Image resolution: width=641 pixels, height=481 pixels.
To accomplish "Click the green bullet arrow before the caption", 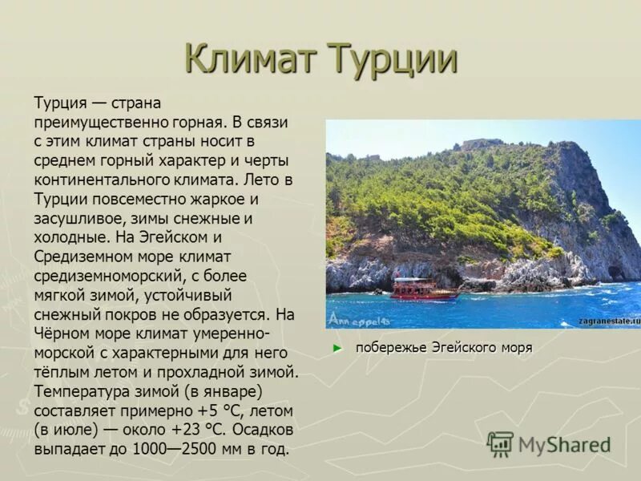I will [x=337, y=348].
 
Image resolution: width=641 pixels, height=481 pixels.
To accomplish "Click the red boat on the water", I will [x=423, y=289].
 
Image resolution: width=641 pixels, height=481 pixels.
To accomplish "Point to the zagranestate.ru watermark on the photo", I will [x=610, y=320].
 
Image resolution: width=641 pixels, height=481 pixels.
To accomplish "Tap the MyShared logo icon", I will [x=500, y=444].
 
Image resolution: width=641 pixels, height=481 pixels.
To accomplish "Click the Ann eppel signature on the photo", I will [x=357, y=319].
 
